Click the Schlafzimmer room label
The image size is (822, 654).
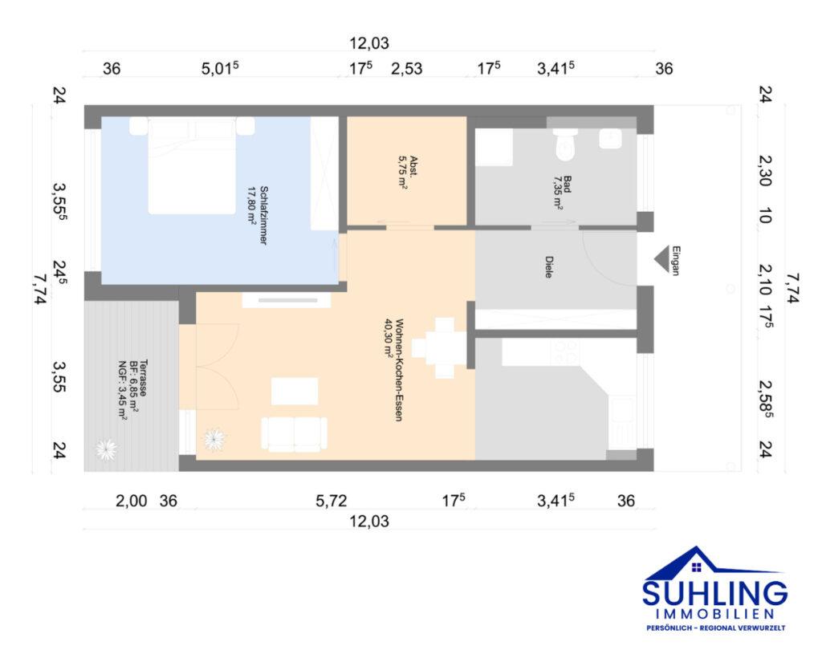(258, 215)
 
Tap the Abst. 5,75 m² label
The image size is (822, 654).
(408, 172)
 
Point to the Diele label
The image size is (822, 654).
(549, 266)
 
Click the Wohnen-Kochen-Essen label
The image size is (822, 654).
(393, 370)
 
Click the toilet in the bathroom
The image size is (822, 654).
(565, 144)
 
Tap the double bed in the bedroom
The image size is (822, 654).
(192, 165)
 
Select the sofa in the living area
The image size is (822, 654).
(294, 434)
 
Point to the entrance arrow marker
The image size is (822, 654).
(661, 259)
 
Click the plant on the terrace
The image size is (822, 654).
(107, 449)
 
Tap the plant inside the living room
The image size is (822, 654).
(215, 439)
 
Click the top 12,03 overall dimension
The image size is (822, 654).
(369, 43)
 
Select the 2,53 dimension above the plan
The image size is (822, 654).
(406, 69)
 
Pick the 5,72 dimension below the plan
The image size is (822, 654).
(331, 501)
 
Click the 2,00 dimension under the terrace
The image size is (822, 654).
(131, 501)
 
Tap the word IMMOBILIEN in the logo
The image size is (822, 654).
(715, 614)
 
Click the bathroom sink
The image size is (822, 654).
(610, 138)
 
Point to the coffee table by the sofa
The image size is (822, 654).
(295, 391)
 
